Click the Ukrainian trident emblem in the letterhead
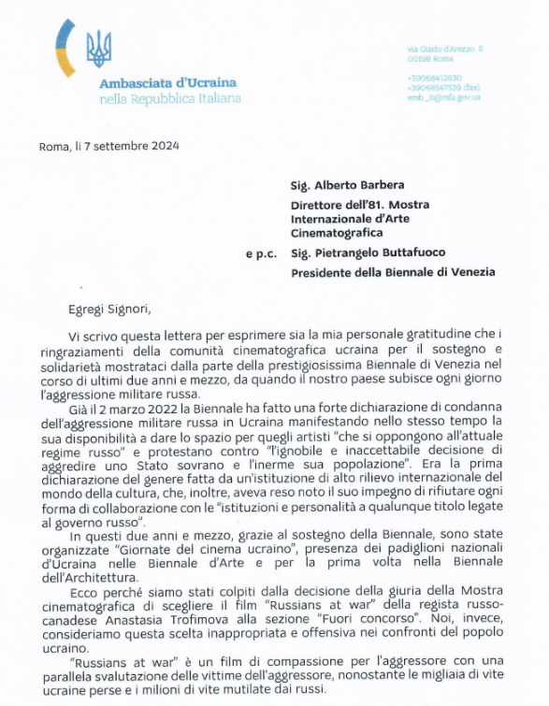pyautogui.click(x=98, y=48)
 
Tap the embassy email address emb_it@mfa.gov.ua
pyautogui.click(x=443, y=96)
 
